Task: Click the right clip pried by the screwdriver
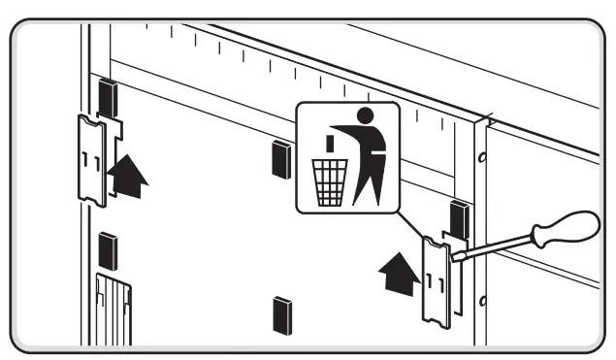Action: pyautogui.click(x=436, y=280)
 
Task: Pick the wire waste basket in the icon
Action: pyautogui.click(x=328, y=181)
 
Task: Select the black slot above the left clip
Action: pyautogui.click(x=108, y=97)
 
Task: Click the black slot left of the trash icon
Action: pyautogui.click(x=281, y=157)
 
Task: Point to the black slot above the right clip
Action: pyautogui.click(x=459, y=219)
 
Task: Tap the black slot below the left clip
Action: pyautogui.click(x=108, y=252)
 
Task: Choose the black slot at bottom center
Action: pyautogui.click(x=282, y=314)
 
